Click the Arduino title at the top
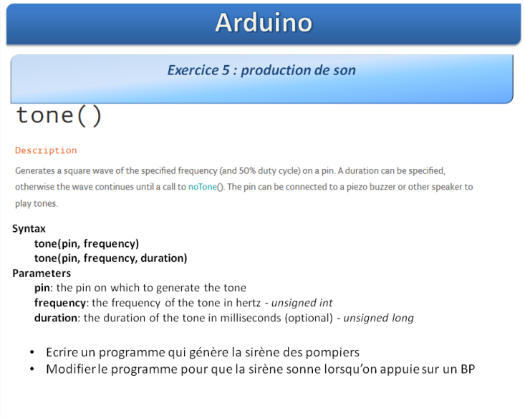[x=264, y=23]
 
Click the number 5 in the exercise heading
[x=226, y=70]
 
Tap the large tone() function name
[x=59, y=116]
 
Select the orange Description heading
[x=46, y=150]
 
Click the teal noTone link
[x=203, y=187]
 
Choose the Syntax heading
[x=29, y=228]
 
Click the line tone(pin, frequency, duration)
[x=110, y=258]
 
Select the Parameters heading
[x=42, y=273]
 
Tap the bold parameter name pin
[x=42, y=288]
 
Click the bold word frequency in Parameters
[x=60, y=303]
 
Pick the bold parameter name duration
[x=56, y=318]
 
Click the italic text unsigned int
[x=302, y=303]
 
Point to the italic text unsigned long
[x=378, y=318]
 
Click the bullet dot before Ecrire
[x=32, y=352]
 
